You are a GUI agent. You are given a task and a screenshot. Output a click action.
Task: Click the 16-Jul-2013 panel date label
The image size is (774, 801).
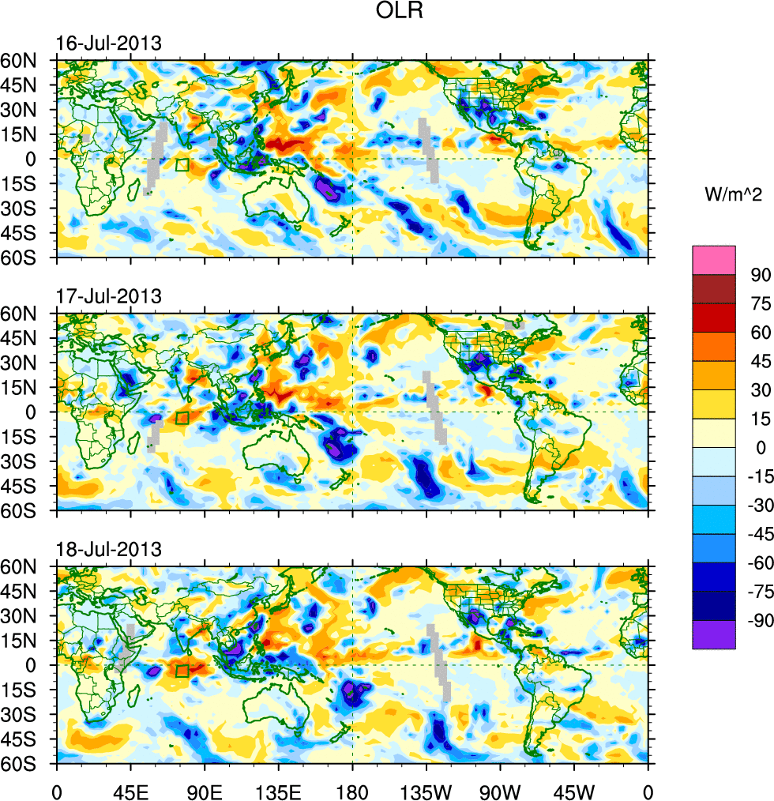point(109,43)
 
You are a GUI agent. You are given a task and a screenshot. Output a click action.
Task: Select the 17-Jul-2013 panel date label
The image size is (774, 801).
point(109,296)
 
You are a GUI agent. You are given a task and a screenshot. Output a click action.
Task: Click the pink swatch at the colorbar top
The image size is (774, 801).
point(713,260)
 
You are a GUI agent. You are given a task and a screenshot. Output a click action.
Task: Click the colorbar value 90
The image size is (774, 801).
point(760,274)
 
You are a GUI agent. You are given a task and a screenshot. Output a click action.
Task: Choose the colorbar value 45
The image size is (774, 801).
point(760,361)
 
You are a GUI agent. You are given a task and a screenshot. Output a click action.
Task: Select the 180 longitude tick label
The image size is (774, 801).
point(352,789)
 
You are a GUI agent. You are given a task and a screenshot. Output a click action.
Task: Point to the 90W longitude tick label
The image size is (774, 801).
point(500,789)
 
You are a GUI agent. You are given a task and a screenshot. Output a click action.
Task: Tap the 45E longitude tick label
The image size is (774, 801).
point(130,789)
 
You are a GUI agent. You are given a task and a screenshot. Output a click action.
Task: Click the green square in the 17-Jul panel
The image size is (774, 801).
point(182,418)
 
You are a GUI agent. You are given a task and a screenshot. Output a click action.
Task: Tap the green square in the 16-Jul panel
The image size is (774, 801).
point(182,165)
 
